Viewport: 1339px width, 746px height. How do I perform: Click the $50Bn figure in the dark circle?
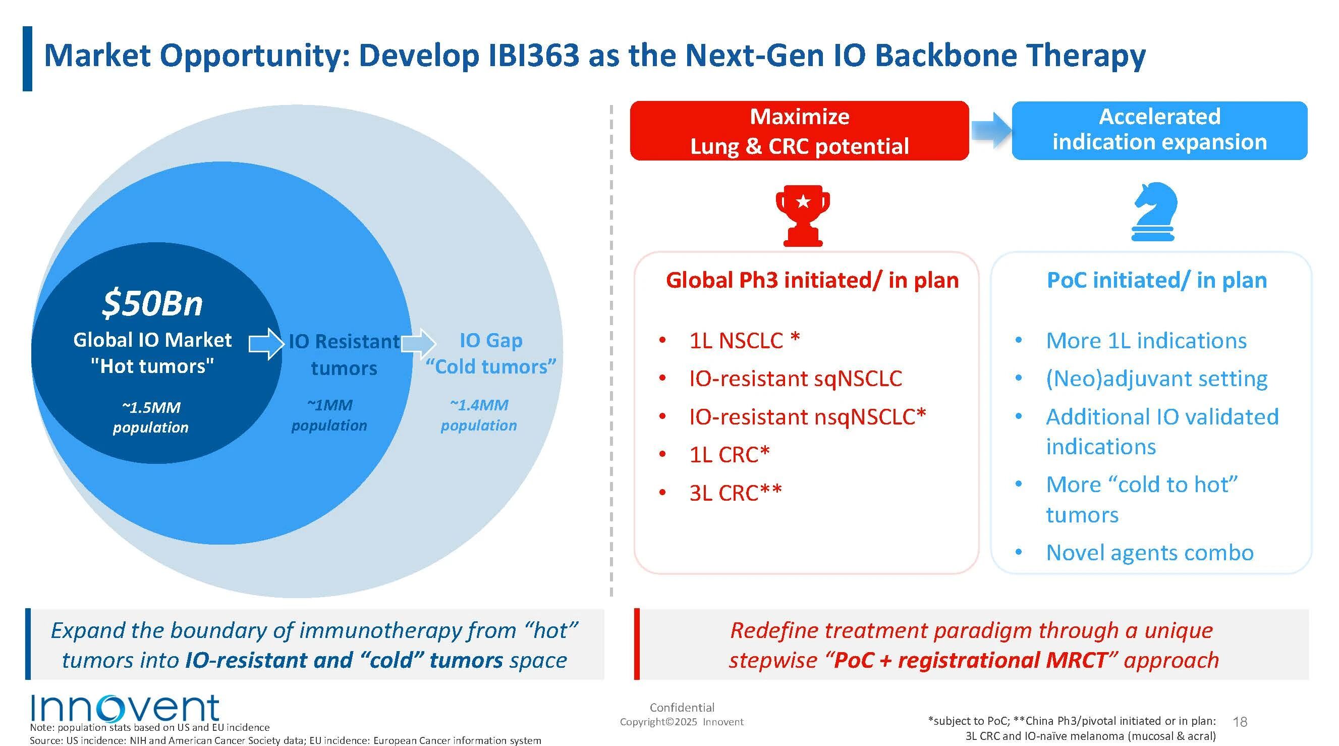[x=152, y=303]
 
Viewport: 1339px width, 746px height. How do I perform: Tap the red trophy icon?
[x=803, y=216]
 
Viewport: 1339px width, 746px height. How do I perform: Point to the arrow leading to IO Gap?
[x=418, y=344]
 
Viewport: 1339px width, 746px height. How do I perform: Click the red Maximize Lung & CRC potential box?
[x=799, y=131]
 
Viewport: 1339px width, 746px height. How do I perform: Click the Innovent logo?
[x=125, y=708]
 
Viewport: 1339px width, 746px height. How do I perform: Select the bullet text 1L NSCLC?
[x=744, y=341]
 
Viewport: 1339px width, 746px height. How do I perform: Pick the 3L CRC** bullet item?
[x=735, y=493]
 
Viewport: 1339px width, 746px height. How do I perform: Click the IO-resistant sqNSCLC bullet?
[x=795, y=379]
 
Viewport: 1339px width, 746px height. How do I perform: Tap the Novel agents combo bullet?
[x=1149, y=553]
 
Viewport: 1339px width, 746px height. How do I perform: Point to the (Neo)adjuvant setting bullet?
[x=1156, y=379]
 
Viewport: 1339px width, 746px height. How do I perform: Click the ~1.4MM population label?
[x=479, y=415]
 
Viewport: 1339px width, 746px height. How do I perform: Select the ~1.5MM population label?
[x=151, y=417]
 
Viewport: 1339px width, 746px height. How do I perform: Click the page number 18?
[x=1240, y=722]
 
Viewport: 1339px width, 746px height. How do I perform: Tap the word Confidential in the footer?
[x=682, y=708]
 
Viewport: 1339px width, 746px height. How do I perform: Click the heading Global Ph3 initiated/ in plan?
[x=812, y=280]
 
